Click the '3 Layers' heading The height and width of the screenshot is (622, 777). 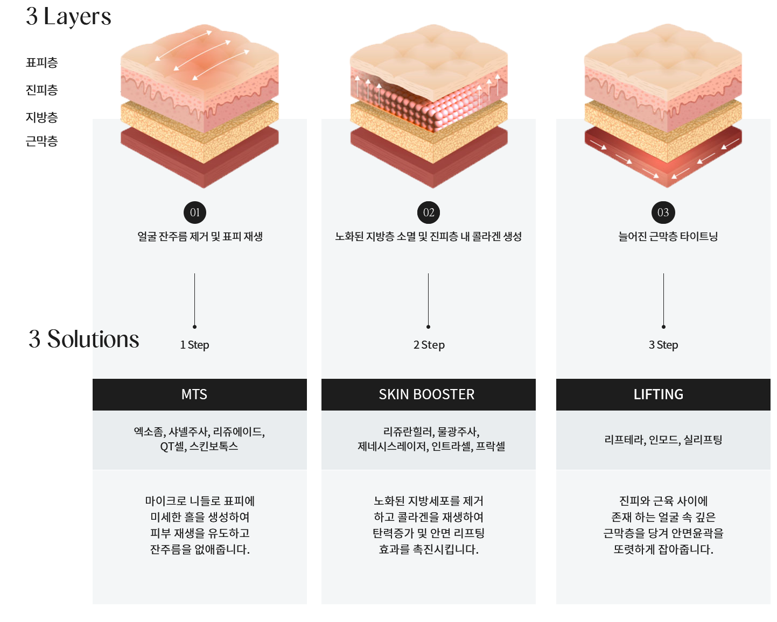click(68, 16)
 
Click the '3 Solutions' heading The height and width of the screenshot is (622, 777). click(84, 339)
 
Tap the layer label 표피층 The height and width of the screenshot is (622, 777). click(41, 62)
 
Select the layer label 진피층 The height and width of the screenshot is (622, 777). click(41, 90)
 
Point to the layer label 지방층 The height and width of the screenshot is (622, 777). click(41, 117)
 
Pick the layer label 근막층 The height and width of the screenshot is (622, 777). click(41, 142)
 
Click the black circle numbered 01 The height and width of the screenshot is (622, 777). click(195, 213)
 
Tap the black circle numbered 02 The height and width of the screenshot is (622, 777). click(429, 213)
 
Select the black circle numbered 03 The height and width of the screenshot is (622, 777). click(663, 213)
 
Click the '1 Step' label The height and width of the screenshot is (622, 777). click(194, 345)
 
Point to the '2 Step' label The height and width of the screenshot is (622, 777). click(429, 345)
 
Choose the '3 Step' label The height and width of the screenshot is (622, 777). click(663, 345)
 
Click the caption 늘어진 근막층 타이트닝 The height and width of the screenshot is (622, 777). click(668, 236)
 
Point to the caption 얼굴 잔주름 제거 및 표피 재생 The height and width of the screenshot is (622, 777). click(200, 236)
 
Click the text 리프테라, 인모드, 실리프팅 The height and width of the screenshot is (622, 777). click(663, 440)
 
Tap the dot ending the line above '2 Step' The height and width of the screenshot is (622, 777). click(428, 327)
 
